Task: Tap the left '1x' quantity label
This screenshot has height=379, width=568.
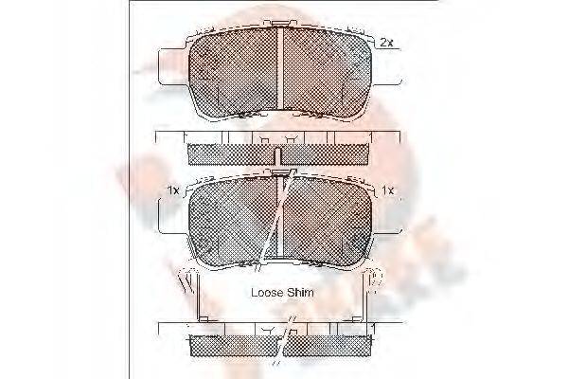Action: (x=173, y=190)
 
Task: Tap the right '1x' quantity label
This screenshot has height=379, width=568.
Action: (x=388, y=190)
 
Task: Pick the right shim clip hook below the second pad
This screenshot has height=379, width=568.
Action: (x=375, y=280)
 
